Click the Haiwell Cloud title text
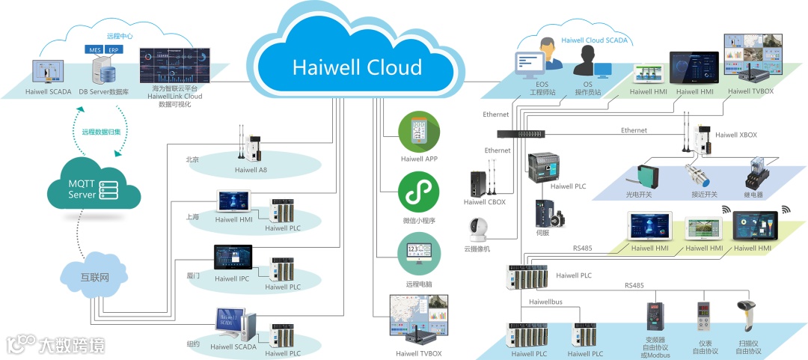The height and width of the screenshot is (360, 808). tap(357, 67)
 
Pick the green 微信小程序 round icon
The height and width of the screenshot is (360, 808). tap(419, 193)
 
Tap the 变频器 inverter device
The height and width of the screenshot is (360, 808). tap(655, 317)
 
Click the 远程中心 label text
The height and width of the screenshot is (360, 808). tap(119, 35)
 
